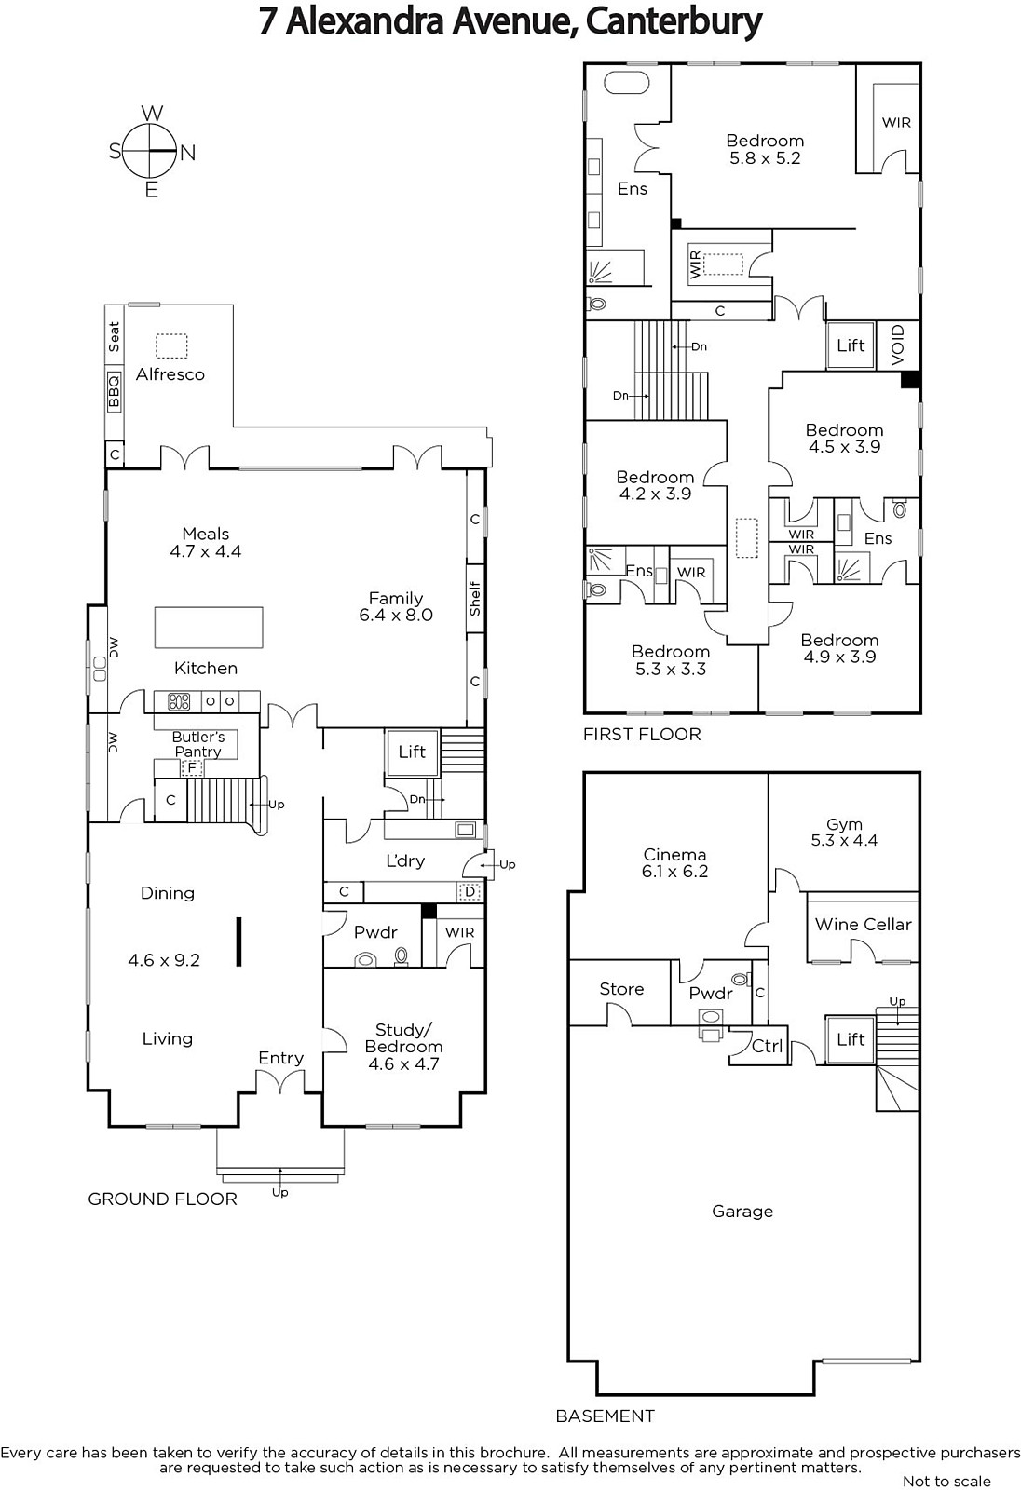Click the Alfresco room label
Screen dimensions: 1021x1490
pos(170,374)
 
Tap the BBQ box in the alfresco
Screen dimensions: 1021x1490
pos(114,391)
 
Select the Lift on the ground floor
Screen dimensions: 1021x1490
pos(412,752)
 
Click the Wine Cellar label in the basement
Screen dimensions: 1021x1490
pos(864,925)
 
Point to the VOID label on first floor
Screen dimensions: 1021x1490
pos(898,345)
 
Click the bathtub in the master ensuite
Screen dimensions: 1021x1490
pos(626,84)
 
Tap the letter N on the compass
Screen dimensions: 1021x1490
pos(187,153)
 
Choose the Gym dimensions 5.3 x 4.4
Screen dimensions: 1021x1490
pos(844,840)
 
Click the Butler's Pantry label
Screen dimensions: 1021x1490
pos(197,744)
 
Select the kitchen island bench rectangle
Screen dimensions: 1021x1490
pos(209,628)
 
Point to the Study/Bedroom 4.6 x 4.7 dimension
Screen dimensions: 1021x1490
pos(404,1064)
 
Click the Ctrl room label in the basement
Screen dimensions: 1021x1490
pos(767,1047)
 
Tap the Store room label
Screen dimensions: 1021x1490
pos(621,989)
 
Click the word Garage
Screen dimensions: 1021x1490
pos(742,1212)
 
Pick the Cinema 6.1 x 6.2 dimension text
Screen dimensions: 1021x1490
pos(674,872)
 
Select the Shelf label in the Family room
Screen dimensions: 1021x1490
pos(474,599)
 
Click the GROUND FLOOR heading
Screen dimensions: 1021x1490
pos(162,1199)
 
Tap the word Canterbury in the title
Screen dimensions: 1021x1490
pos(674,22)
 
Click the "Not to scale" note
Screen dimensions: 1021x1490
pos(946,1482)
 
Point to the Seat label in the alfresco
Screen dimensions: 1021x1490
pos(114,336)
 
